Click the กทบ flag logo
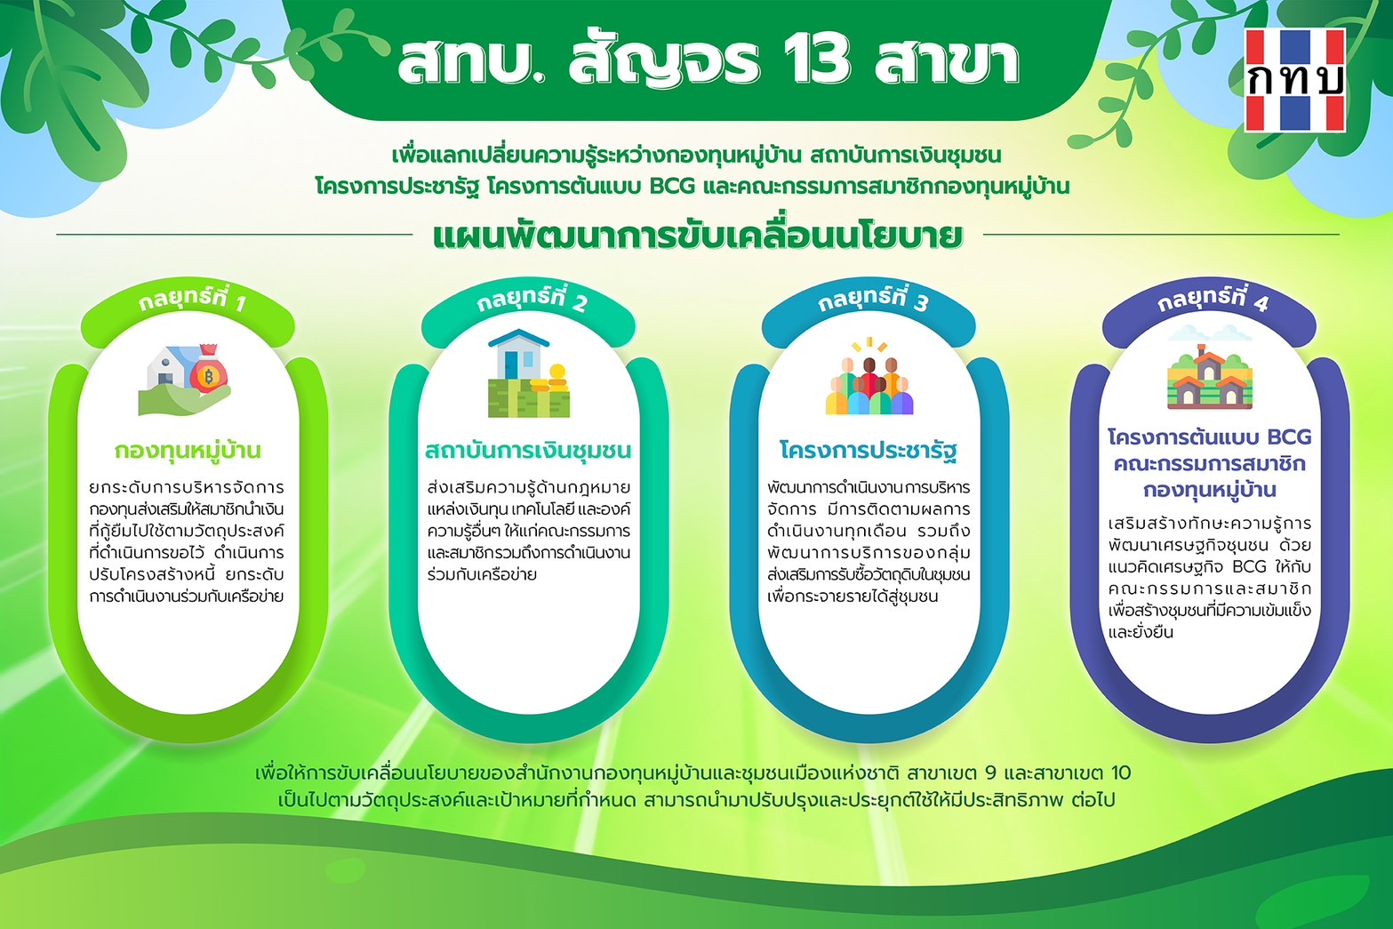point(1294,80)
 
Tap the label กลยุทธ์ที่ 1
point(192,300)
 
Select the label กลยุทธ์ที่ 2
point(532,299)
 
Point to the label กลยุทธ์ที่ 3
point(872,300)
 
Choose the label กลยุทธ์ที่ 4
point(1212,300)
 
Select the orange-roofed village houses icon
point(1210,377)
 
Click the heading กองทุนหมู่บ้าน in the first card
point(188,450)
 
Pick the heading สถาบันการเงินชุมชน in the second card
point(528,450)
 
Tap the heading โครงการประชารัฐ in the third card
point(869,451)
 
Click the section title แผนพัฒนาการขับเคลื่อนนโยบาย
point(698,236)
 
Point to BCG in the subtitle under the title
point(672,185)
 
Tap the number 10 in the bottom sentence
point(1121,773)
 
